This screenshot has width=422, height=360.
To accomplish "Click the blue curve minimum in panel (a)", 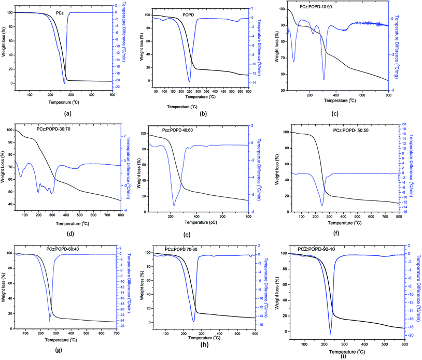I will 64,82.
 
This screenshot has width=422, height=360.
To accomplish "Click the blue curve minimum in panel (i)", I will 330,334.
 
